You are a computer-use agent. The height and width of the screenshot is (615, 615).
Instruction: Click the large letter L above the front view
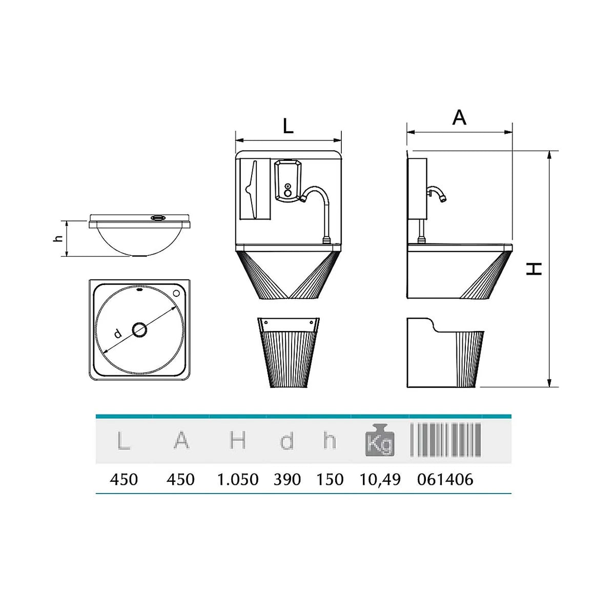pyautogui.click(x=288, y=127)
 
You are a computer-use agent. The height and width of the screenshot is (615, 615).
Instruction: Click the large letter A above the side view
pyautogui.click(x=459, y=117)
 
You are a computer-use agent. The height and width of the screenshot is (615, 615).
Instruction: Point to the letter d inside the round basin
pyautogui.click(x=118, y=334)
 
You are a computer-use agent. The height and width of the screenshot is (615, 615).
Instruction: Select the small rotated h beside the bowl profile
pyautogui.click(x=58, y=238)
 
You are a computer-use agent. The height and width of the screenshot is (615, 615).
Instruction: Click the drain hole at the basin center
pyautogui.click(x=139, y=330)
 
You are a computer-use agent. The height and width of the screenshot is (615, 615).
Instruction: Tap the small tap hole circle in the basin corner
pyautogui.click(x=176, y=293)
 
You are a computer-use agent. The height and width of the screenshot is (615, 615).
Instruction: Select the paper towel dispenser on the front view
pyautogui.click(x=255, y=189)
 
